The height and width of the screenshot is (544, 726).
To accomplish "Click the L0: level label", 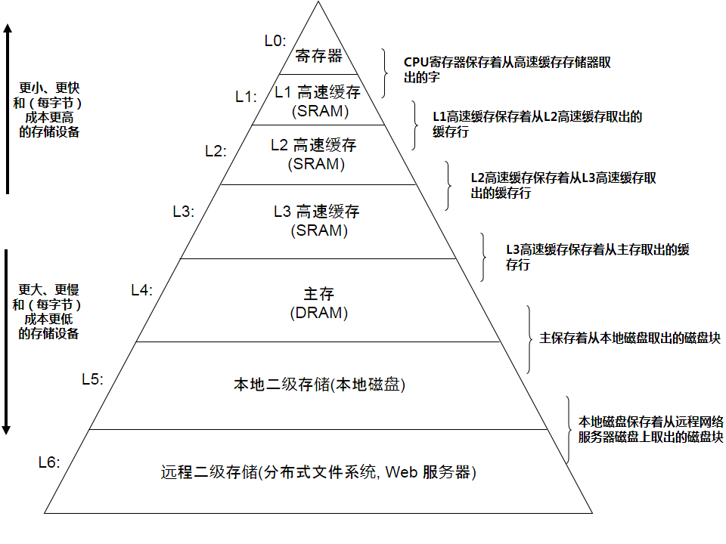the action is click(x=275, y=40).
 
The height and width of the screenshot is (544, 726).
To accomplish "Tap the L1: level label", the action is click(x=246, y=96).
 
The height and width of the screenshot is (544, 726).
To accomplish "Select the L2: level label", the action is click(x=216, y=150).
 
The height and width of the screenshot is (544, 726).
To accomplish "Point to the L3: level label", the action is click(x=184, y=212).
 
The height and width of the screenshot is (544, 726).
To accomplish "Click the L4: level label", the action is click(x=141, y=289).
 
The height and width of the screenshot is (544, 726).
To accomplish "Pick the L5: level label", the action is click(x=92, y=379).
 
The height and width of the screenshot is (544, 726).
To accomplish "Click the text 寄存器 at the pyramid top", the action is click(x=318, y=56).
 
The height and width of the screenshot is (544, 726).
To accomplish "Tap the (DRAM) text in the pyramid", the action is click(x=318, y=313).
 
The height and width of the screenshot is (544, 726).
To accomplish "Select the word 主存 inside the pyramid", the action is click(x=318, y=294).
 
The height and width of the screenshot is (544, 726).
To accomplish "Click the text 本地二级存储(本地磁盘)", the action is click(x=318, y=385).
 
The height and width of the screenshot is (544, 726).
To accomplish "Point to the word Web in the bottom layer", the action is click(x=402, y=474).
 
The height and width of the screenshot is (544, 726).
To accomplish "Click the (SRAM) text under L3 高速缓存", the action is click(x=318, y=230).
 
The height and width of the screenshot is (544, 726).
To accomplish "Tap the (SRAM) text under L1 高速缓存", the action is click(x=318, y=111).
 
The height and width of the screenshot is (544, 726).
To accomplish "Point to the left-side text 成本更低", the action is click(x=48, y=319).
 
